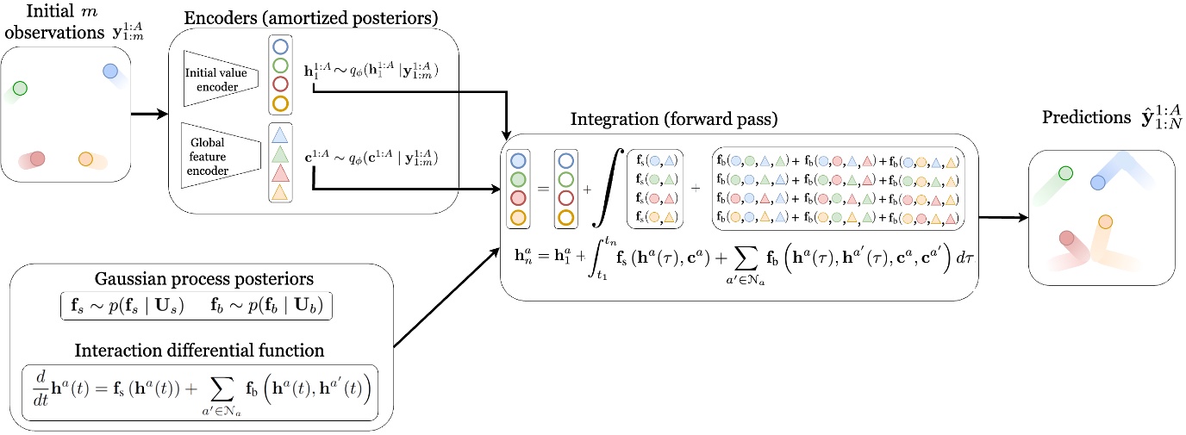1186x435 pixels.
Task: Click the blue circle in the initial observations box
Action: tap(109, 71)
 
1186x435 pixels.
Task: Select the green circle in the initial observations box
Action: tap(20, 88)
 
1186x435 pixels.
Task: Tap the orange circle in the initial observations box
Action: tap(84, 158)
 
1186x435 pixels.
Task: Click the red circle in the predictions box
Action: tap(1067, 238)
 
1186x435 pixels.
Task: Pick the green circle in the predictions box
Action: tap(1066, 173)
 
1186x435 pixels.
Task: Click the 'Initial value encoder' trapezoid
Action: tap(216, 79)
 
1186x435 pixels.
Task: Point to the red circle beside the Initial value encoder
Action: tap(279, 84)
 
